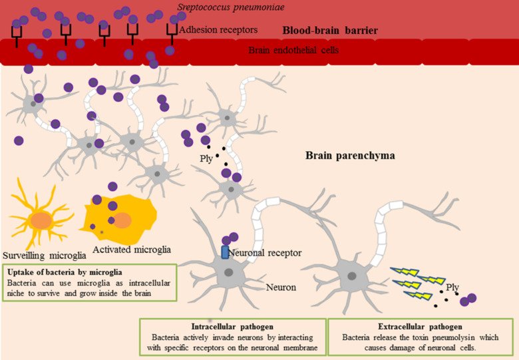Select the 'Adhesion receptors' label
tap(218, 30)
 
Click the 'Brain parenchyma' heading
tap(350, 156)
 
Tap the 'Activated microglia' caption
tap(132, 250)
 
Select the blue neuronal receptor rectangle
tap(225, 252)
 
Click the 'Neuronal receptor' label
tap(265, 253)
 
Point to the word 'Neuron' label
tap(281, 288)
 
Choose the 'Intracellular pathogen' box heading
tap(232, 327)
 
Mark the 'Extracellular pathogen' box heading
tap(420, 327)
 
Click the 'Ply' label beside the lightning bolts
tap(452, 287)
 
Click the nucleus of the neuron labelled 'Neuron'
tap(229, 272)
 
